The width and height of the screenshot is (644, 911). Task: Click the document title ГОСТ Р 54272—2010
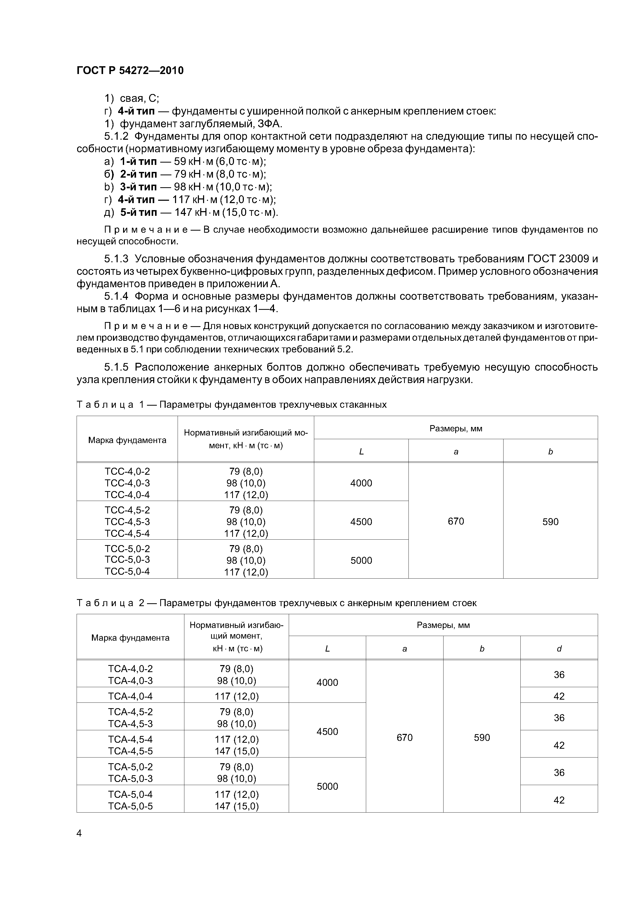(130, 71)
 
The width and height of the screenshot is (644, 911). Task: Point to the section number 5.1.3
(116, 259)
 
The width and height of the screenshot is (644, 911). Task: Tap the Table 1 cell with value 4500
(361, 521)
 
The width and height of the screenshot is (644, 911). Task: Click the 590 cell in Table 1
(550, 521)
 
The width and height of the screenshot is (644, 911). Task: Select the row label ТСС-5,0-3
(127, 559)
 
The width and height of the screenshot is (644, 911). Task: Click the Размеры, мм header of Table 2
(443, 625)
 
